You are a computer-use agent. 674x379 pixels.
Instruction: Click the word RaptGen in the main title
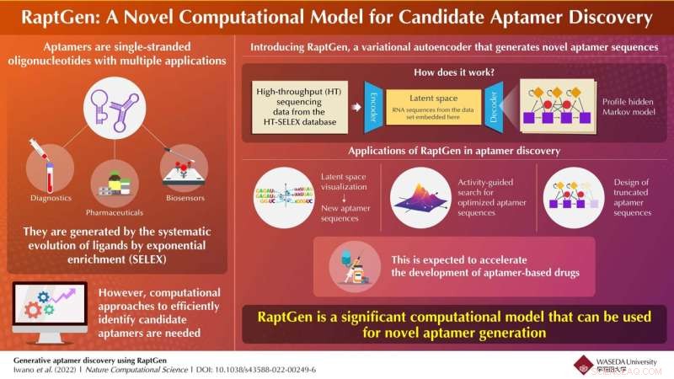click(x=67, y=16)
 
